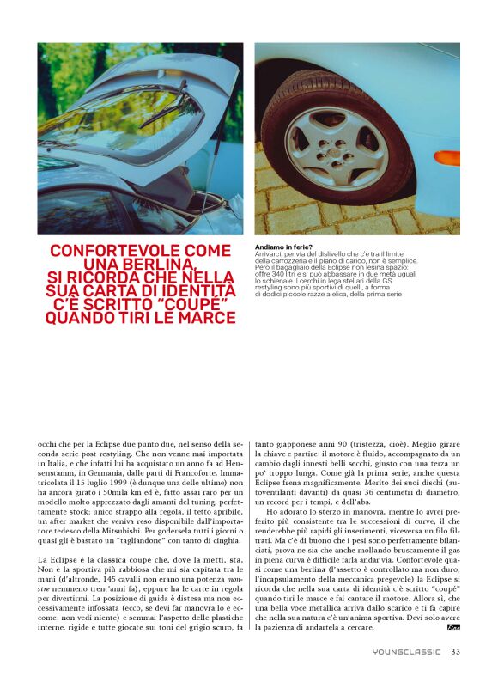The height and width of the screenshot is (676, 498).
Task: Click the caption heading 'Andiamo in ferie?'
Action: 285,247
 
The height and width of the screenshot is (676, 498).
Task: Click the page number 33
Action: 456,651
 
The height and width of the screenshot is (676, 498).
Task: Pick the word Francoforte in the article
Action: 213,474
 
